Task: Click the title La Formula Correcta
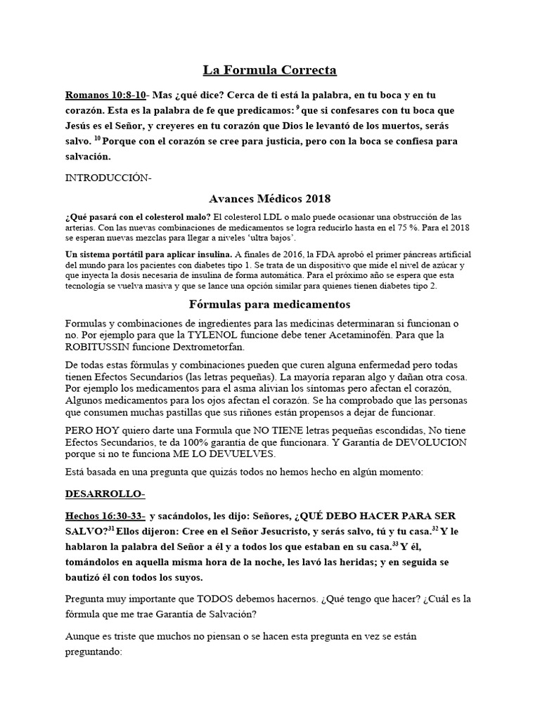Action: click(x=270, y=70)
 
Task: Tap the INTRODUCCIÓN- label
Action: click(x=108, y=178)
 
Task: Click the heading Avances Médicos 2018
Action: click(x=270, y=199)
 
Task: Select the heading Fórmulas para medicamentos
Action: click(x=270, y=305)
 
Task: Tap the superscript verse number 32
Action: click(x=435, y=529)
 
